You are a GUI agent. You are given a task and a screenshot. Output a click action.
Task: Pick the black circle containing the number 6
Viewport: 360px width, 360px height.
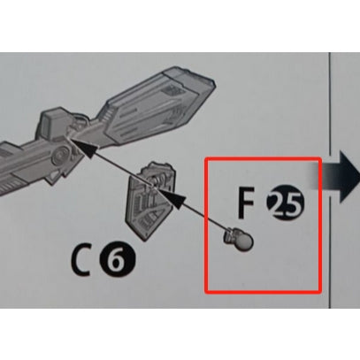tap(118, 260)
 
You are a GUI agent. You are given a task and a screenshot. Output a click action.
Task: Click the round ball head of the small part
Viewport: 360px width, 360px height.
tap(245, 241)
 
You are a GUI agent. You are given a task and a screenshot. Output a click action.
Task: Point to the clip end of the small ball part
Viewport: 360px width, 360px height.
tap(229, 237)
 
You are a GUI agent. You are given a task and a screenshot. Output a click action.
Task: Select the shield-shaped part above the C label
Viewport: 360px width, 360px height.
tap(150, 202)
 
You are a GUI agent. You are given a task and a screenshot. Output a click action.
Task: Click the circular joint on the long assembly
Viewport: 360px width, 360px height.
tap(60, 154)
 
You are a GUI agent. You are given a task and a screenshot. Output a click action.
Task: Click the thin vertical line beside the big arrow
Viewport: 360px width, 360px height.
tap(330, 180)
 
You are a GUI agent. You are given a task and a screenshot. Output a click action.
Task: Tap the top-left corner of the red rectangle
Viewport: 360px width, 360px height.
tap(205, 158)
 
